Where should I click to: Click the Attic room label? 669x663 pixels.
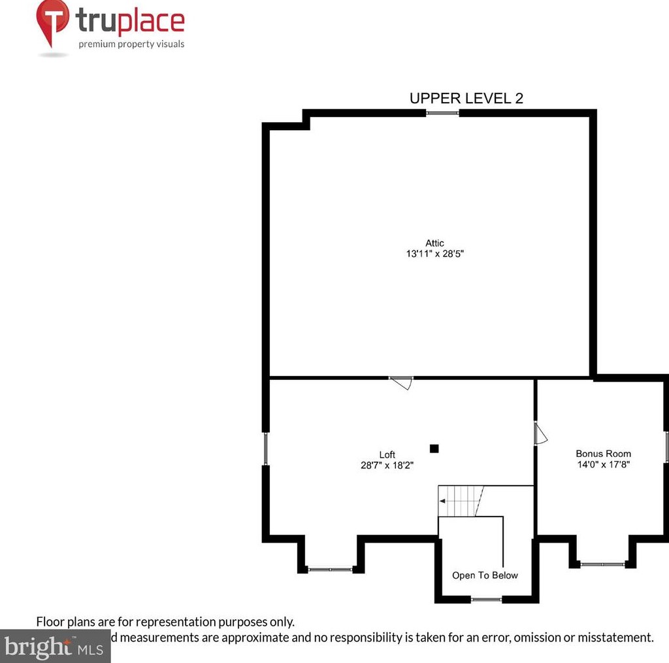434,243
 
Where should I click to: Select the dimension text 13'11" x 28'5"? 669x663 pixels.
434,254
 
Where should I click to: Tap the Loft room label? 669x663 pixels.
387,454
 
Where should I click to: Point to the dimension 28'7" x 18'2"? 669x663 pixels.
387,466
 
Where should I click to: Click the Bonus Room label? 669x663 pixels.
603,453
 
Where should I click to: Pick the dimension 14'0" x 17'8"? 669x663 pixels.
603,464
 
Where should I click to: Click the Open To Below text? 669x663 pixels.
485,575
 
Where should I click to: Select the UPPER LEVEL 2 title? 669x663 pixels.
466,98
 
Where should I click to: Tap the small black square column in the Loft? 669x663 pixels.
434,449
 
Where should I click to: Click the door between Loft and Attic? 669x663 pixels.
401,382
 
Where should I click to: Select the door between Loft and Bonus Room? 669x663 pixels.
539,433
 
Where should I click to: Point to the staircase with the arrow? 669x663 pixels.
460,501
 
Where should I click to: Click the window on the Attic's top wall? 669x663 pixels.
442,113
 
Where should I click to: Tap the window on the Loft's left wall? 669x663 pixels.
266,449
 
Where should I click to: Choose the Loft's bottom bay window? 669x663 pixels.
330,569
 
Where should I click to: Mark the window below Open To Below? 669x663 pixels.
487,599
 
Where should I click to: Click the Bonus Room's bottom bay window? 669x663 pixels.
602,564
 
